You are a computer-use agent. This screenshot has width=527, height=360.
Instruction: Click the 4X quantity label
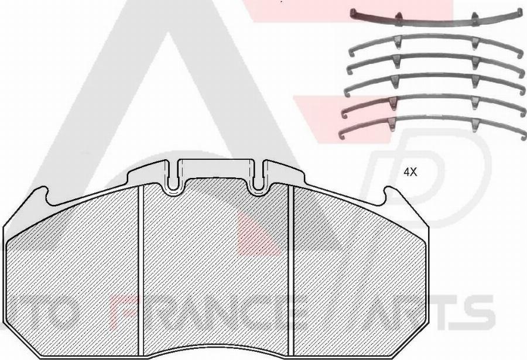(409, 172)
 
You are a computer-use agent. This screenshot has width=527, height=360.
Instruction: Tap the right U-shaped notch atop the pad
(256, 184)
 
